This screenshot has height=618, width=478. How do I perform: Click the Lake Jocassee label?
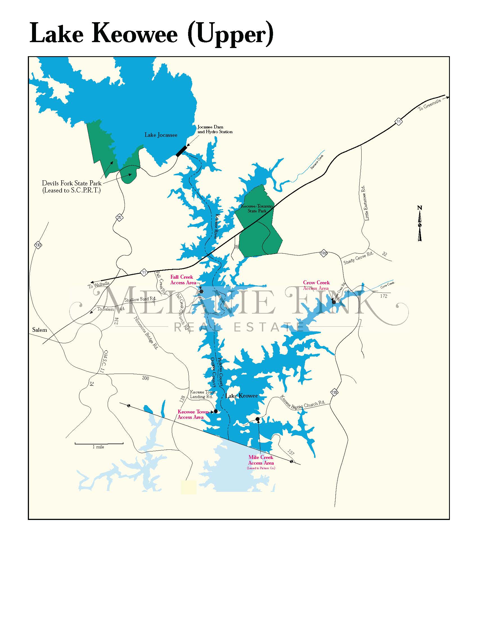tap(161, 135)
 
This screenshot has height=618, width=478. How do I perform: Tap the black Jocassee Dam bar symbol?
tap(181, 151)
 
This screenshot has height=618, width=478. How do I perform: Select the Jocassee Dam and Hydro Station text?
tap(215, 129)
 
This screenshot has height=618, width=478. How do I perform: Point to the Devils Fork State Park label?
tap(71, 187)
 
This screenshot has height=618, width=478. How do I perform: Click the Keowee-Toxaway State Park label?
tap(257, 208)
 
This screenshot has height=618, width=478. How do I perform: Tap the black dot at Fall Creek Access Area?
tap(201, 291)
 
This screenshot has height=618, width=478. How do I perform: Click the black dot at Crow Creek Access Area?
tap(334, 302)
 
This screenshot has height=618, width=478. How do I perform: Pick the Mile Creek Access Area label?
tap(261, 460)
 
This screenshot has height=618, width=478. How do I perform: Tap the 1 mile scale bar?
tap(99, 443)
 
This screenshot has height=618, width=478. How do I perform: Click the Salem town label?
tap(40, 330)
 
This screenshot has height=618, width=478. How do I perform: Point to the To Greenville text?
tap(430, 105)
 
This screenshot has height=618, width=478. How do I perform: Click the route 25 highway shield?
tap(119, 218)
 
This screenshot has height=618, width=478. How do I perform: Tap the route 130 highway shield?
tap(38, 245)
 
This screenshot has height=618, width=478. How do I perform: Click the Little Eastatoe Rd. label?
tap(367, 203)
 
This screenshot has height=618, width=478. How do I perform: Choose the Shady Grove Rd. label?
tap(358, 258)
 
